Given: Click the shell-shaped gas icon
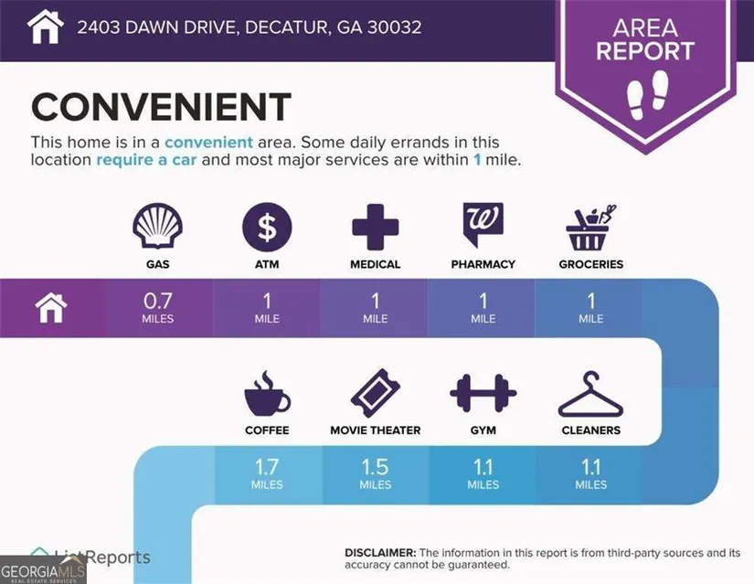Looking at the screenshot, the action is coord(158,226).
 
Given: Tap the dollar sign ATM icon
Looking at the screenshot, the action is coord(267,227).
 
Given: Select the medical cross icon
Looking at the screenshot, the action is coord(375,227).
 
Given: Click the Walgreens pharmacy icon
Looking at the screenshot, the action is coord(483,225).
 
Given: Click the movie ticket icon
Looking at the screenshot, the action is coord(375,393).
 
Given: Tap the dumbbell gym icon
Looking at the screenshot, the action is coord(483,393).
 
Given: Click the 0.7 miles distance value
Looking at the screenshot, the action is coord(158,308).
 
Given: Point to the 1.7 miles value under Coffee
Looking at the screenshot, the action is coord(267,473).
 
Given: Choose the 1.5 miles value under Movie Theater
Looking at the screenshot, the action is coord(375,473).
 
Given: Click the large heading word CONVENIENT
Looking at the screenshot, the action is coord(162,107).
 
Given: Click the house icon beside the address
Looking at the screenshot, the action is coord(45,27).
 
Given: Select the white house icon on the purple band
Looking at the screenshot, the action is coord(51,308).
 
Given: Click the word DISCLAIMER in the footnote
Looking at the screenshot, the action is coord(380,553).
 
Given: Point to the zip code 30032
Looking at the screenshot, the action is coord(394,27).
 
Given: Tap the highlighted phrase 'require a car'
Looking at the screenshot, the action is coord(146,160).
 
